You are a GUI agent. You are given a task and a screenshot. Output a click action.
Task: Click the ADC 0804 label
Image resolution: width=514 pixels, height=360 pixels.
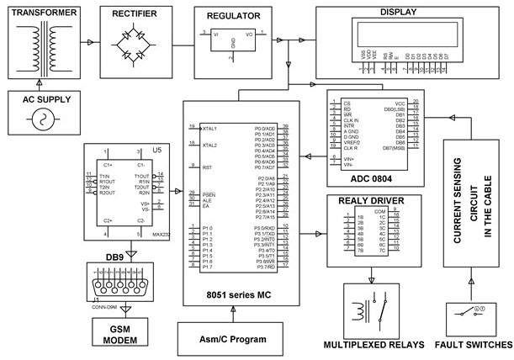[x=368, y=178]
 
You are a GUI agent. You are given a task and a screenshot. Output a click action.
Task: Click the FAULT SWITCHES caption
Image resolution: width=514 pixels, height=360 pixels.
[x=470, y=345]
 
